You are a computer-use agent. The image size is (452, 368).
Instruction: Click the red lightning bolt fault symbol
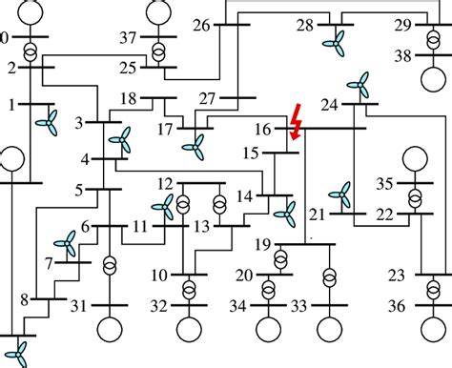pyautogui.click(x=297, y=122)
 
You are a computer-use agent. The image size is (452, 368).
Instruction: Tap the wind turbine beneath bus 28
pyautogui.click(x=334, y=40)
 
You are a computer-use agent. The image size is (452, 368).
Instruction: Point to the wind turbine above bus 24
pyautogui.click(x=359, y=88)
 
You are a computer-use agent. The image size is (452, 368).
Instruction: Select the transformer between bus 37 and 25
pyautogui.click(x=158, y=47)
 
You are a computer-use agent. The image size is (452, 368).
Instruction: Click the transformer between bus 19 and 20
pyautogui.click(x=281, y=259)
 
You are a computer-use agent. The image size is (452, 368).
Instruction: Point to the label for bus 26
pyautogui.click(x=200, y=26)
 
